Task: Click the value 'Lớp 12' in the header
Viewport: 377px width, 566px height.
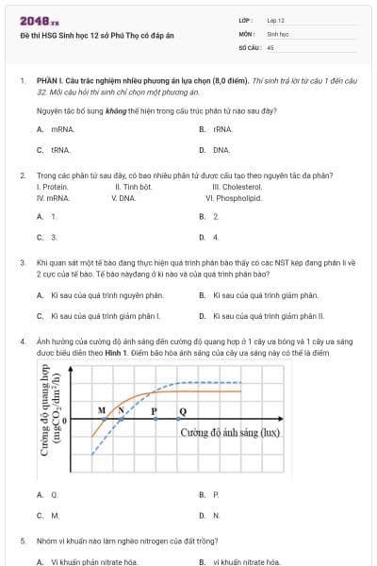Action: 275,19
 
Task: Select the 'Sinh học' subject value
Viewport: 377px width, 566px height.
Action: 277,32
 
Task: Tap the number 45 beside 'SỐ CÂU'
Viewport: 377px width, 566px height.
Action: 270,45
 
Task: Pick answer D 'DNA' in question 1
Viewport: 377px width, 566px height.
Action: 221,149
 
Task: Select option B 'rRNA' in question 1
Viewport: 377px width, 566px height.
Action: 221,128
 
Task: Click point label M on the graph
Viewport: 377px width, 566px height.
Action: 102,411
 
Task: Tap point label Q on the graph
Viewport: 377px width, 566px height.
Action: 182,411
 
